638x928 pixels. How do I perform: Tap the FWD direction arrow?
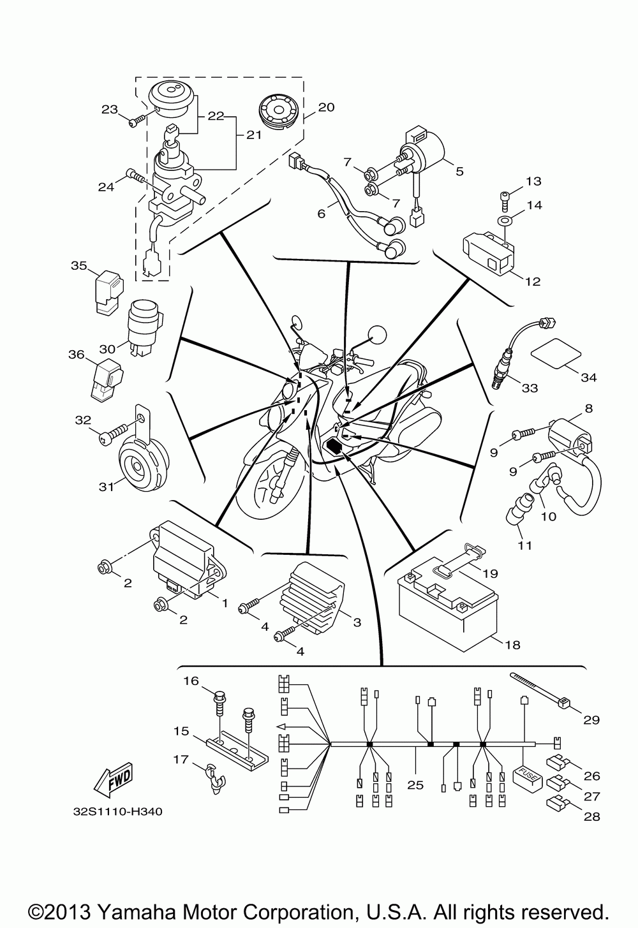click(115, 779)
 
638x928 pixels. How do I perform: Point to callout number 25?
click(415, 785)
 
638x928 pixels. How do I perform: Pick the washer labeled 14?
click(505, 221)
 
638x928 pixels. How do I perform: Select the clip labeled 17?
click(215, 778)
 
